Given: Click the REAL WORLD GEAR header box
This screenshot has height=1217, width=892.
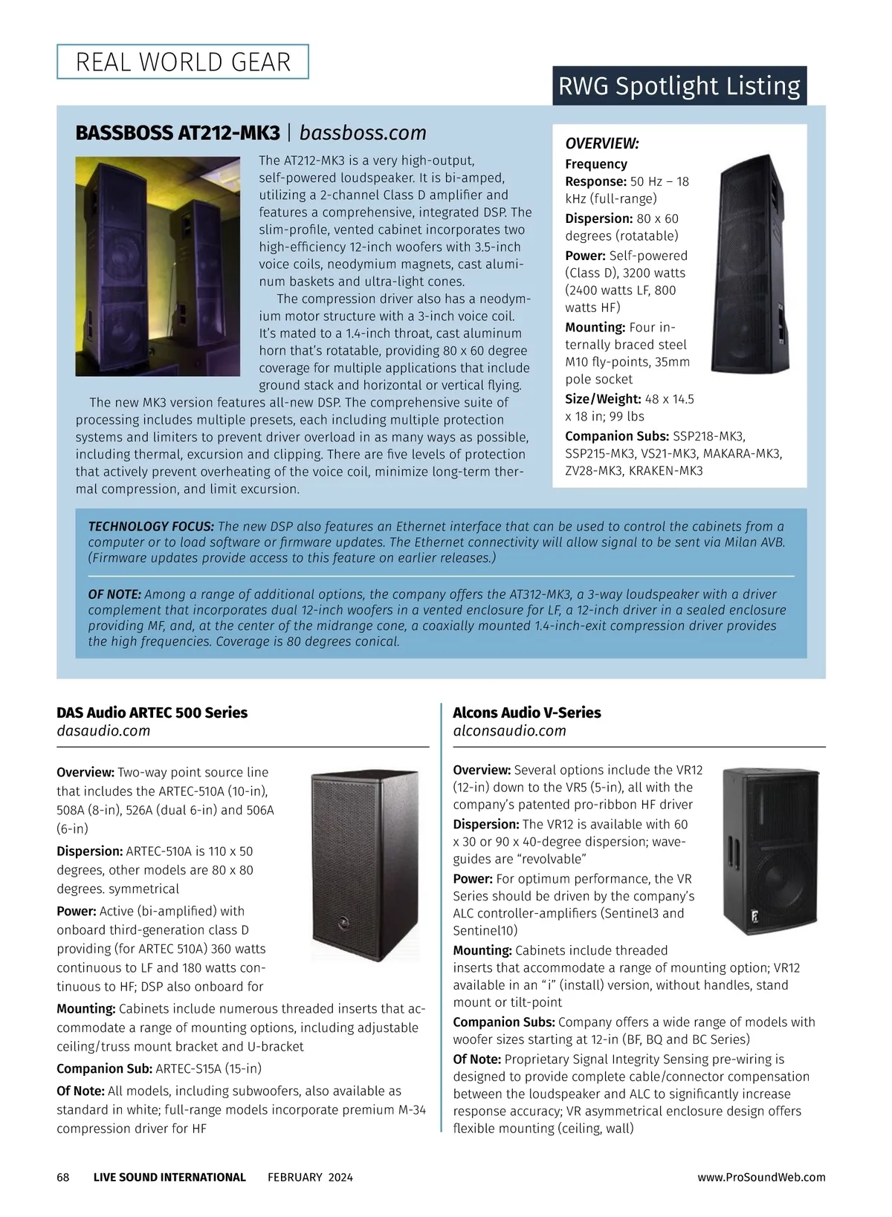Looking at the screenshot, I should [x=183, y=62].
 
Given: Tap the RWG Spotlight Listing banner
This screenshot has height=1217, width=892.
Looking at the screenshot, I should [x=679, y=86].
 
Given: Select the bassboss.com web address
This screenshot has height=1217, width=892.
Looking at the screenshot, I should [x=363, y=133].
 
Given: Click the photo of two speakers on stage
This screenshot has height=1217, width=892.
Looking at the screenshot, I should [x=158, y=266].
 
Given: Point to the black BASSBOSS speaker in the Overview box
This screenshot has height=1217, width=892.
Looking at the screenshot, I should [x=750, y=264].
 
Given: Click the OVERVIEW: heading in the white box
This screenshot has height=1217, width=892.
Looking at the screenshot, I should [x=602, y=143].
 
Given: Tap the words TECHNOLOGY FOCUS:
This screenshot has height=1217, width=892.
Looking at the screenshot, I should [x=151, y=526].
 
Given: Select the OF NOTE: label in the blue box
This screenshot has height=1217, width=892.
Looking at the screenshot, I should [x=114, y=594].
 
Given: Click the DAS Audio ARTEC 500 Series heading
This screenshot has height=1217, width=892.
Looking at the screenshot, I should [x=152, y=713].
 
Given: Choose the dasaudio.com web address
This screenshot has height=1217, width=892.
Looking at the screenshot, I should [x=103, y=731].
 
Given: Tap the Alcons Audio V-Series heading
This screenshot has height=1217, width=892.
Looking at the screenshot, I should [x=527, y=713].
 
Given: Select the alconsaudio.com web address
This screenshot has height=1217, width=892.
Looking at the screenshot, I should [x=509, y=731].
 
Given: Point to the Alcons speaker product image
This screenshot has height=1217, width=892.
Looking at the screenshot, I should [x=771, y=851].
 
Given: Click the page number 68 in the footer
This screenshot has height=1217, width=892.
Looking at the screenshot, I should [x=63, y=1177].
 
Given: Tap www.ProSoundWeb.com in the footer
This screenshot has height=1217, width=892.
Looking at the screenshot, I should [x=761, y=1177].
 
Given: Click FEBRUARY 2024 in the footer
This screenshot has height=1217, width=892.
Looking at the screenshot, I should [x=310, y=1177].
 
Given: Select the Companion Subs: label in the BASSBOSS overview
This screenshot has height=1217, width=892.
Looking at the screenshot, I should [x=617, y=436].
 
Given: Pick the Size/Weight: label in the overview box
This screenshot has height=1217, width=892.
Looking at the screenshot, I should [x=603, y=399].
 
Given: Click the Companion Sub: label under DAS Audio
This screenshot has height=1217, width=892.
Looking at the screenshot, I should [x=105, y=1068].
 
